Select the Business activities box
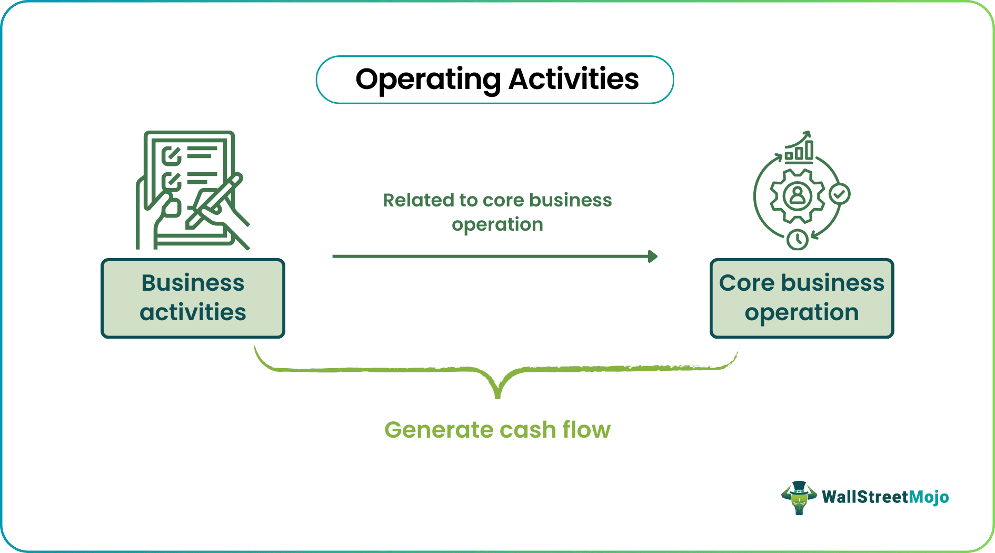pos(193,298)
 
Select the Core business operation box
pos(801,298)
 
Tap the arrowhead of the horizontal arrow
pos(653,256)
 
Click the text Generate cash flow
pos(497,430)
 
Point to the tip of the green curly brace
pos(498,396)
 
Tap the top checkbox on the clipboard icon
pos(171,156)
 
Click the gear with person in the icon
pos(798,196)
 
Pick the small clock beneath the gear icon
pos(798,240)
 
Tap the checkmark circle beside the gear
pos(840,194)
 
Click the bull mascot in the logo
pos(799,497)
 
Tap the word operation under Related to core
pos(497,225)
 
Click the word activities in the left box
pos(193,312)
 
